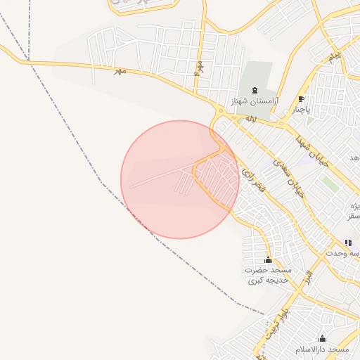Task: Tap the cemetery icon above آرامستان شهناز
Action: tap(254, 91)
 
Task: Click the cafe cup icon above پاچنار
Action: tap(301, 99)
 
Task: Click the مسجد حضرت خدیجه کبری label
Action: tap(268, 275)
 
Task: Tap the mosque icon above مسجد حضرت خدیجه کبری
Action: tap(268, 259)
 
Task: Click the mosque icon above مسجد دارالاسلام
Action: tap(322, 338)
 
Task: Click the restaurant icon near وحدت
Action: tap(347, 243)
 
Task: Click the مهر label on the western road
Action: tap(120, 70)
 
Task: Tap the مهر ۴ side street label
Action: tap(199, 68)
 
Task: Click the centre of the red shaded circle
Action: tap(180, 179)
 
